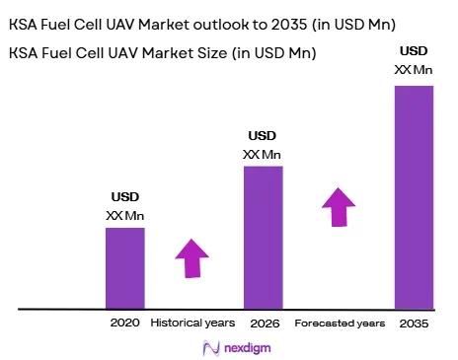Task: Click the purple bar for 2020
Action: pyautogui.click(x=125, y=268)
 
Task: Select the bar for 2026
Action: pyautogui.click(x=264, y=238)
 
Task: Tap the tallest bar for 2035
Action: pyautogui.click(x=415, y=197)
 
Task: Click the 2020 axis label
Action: pyautogui.click(x=125, y=323)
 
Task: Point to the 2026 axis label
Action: pyautogui.click(x=265, y=324)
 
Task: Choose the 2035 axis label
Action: pyautogui.click(x=414, y=324)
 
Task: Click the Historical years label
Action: pyautogui.click(x=192, y=323)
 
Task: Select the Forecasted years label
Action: pyautogui.click(x=340, y=324)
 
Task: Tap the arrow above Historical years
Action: pyautogui.click(x=192, y=258)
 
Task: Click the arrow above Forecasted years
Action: pyautogui.click(x=339, y=207)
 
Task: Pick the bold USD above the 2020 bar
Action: pyautogui.click(x=125, y=197)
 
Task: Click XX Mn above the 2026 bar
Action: pyautogui.click(x=262, y=155)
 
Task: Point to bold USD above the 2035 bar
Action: pyautogui.click(x=414, y=51)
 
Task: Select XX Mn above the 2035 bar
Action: pyautogui.click(x=414, y=70)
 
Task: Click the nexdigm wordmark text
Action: pyautogui.click(x=248, y=348)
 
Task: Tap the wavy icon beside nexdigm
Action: pyautogui.click(x=211, y=348)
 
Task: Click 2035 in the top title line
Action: pyautogui.click(x=289, y=25)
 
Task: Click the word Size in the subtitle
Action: pyautogui.click(x=212, y=53)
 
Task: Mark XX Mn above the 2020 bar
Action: pyautogui.click(x=125, y=216)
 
